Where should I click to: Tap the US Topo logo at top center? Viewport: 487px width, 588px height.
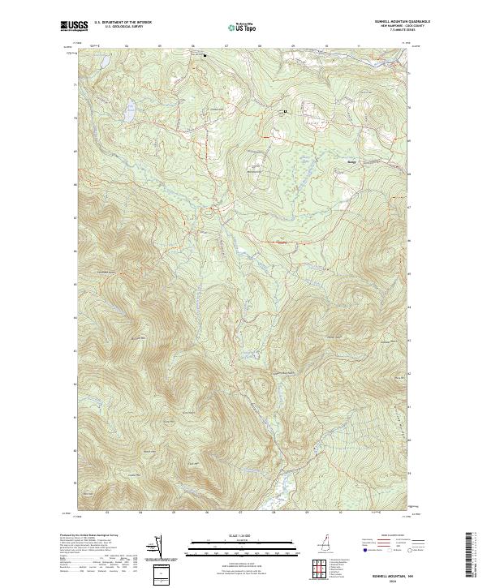coord(242,28)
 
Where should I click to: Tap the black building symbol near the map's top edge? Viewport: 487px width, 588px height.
coord(205,55)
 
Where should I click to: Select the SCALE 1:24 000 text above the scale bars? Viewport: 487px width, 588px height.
coord(243,536)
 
